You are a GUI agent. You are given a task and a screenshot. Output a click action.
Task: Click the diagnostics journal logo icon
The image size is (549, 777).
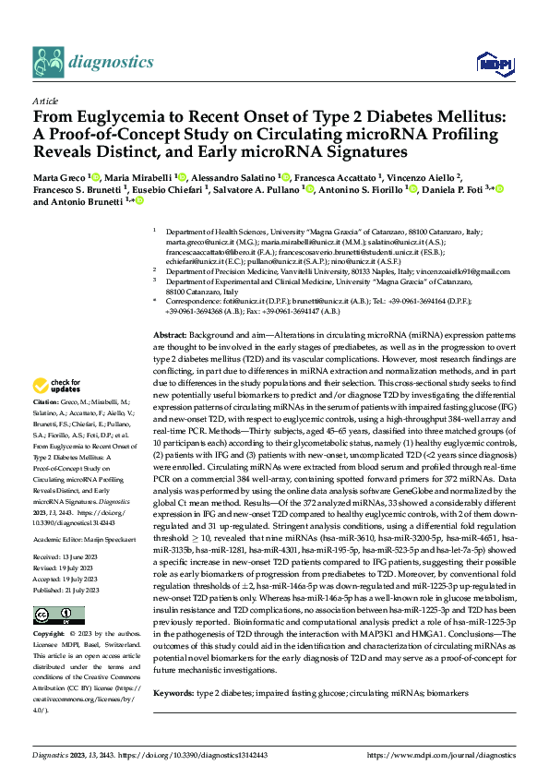point(50,64)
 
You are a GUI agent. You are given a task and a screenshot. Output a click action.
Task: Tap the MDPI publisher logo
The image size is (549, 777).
point(491,63)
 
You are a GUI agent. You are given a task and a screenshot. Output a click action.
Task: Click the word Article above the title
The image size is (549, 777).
point(45,101)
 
